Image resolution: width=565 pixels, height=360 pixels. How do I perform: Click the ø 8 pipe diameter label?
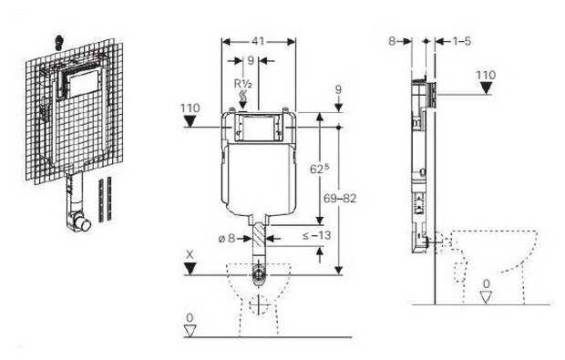tap(225, 239)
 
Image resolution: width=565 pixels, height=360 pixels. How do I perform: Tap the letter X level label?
tap(189, 253)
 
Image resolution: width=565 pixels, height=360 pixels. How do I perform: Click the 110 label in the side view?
tap(485, 74)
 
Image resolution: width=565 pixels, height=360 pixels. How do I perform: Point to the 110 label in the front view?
tap(190, 108)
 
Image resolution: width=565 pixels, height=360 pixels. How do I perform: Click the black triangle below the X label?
tap(190, 267)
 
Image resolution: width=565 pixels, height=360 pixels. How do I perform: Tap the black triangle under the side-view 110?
tap(485, 87)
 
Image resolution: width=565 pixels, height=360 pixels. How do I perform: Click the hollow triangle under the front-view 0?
tap(190, 330)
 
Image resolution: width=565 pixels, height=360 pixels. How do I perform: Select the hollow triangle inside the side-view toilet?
tap(486, 295)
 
